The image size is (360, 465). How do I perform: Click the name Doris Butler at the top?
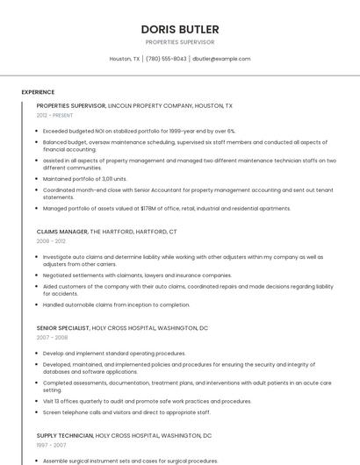[180, 29]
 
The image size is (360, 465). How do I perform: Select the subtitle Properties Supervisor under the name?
[180, 42]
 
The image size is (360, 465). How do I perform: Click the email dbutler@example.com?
[221, 59]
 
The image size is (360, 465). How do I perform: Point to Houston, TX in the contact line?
[125, 59]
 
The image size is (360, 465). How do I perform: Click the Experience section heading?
[38, 92]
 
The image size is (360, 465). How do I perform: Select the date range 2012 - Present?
[54, 115]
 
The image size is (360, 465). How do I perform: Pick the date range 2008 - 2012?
[51, 240]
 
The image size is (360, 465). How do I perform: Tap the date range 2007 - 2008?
[52, 337]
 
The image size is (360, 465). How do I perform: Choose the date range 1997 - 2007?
[51, 444]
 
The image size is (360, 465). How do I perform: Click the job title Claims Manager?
[62, 232]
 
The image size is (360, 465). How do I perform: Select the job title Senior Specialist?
[63, 328]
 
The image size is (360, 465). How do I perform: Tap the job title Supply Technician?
[65, 435]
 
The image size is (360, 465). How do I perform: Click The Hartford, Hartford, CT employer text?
[133, 232]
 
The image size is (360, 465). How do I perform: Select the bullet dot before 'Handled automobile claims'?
[38, 305]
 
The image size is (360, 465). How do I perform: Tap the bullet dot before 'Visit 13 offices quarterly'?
[38, 402]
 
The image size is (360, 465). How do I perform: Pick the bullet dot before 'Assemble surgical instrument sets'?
[38, 461]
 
